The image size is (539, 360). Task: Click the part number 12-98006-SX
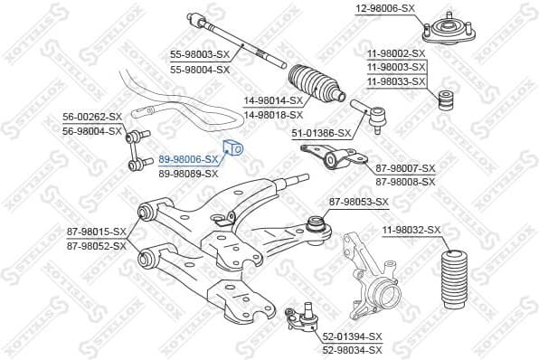click(x=383, y=8)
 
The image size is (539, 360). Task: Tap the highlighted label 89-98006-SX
click(x=188, y=158)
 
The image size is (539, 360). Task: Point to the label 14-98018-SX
click(x=271, y=115)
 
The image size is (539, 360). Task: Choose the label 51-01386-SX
click(x=320, y=134)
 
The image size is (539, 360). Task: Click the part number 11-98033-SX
click(x=395, y=81)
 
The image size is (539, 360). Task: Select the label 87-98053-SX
click(x=358, y=202)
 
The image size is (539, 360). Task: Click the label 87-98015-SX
click(x=96, y=232)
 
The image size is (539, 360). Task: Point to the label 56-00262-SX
click(x=91, y=118)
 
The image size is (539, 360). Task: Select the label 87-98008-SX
click(x=405, y=182)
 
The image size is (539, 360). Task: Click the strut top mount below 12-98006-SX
click(x=445, y=32)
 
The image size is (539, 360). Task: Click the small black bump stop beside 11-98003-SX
click(x=444, y=99)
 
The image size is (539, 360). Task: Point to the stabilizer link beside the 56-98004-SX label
click(x=139, y=147)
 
